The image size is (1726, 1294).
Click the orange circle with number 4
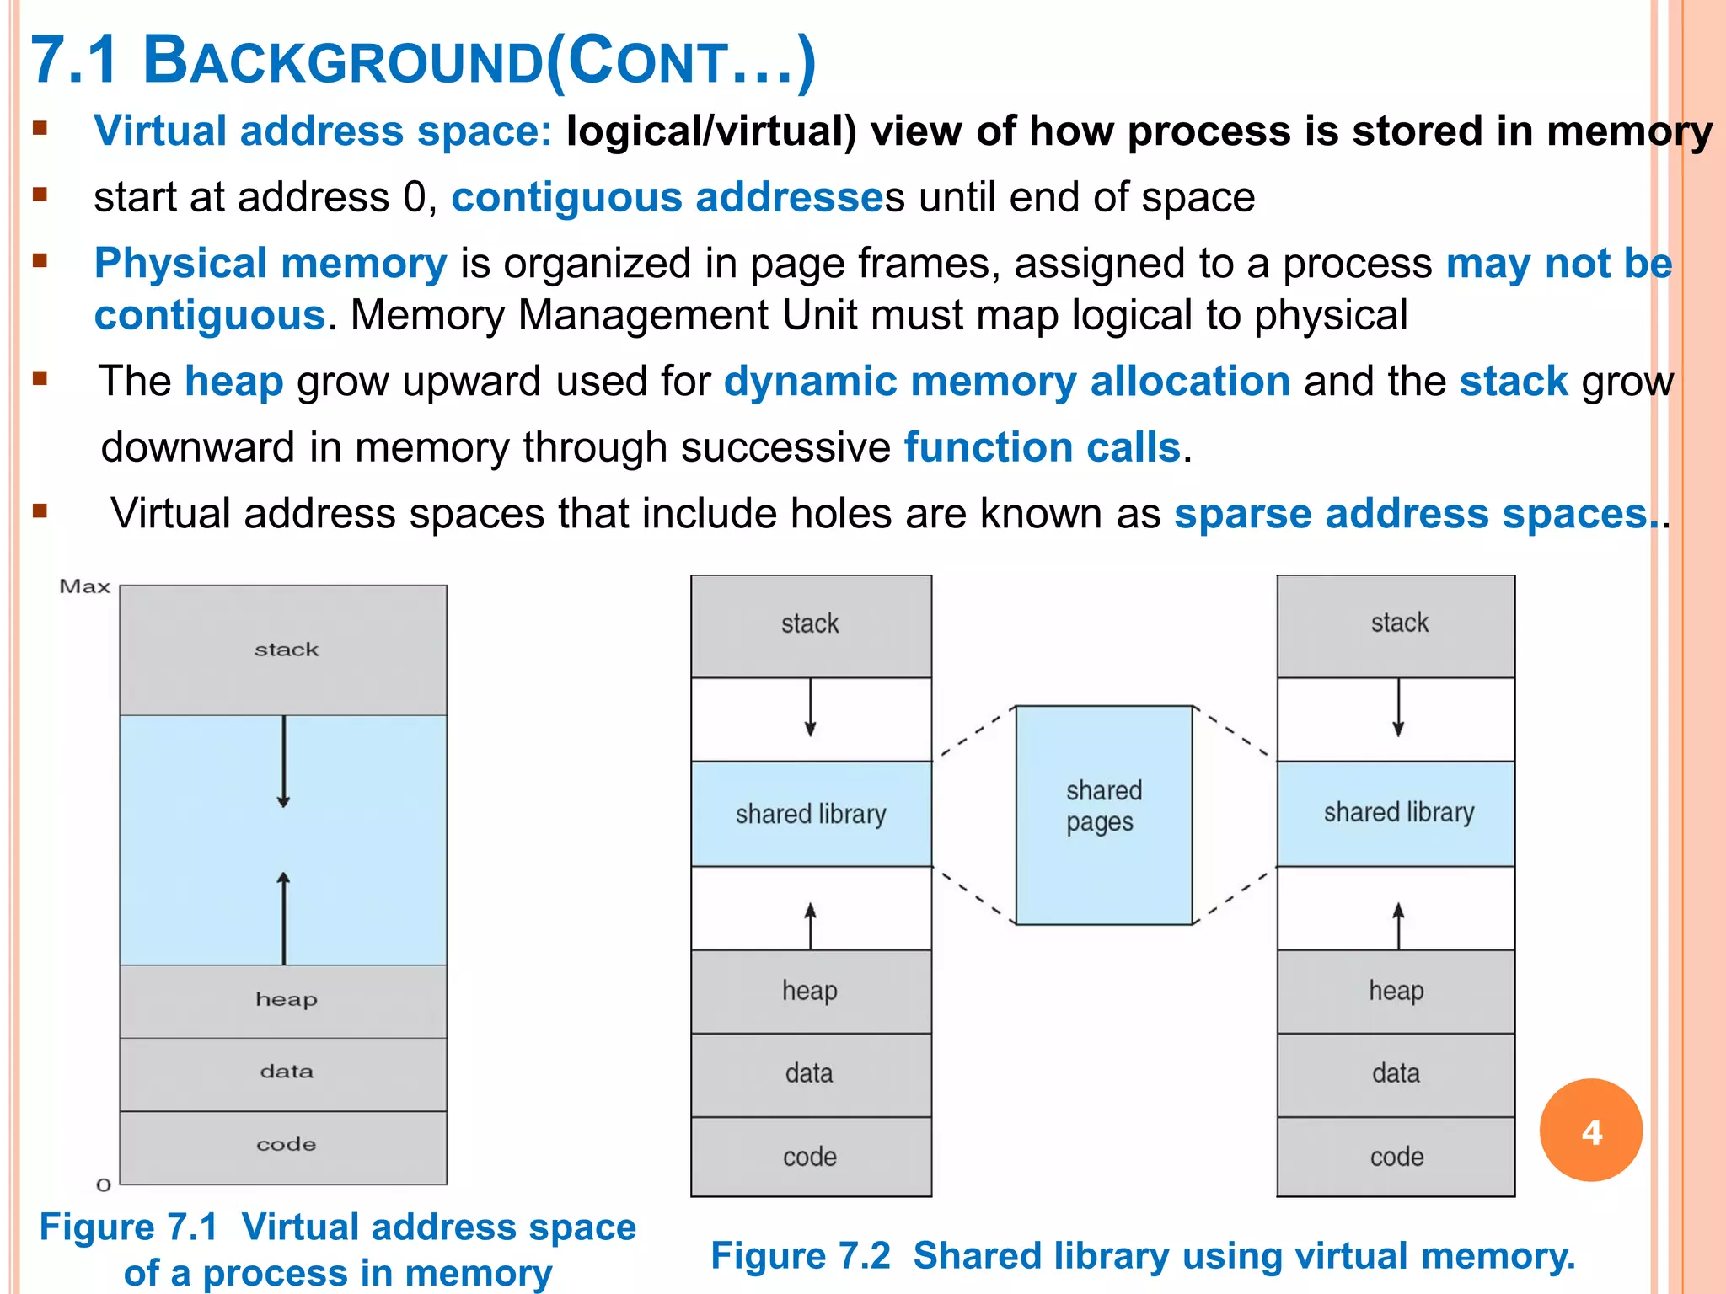pos(1590,1130)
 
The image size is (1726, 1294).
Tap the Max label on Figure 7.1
pos(85,586)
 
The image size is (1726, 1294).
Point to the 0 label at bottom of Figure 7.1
pos(104,1184)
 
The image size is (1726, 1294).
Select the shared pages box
pos(1103,815)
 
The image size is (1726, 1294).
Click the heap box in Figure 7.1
pos(284,1000)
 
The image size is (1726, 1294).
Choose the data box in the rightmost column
pos(1396,1074)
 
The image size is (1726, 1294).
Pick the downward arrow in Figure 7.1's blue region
pos(284,762)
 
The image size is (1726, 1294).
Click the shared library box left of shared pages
pos(811,814)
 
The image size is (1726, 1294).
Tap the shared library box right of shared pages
pos(1396,813)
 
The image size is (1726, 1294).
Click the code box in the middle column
pos(811,1157)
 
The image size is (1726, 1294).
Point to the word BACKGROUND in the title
pos(343,61)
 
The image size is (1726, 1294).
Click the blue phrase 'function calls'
pos(1042,447)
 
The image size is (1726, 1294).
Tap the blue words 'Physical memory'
pos(271,264)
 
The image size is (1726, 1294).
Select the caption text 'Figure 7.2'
pos(801,1255)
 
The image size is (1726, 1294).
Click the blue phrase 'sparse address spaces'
pos(1411,514)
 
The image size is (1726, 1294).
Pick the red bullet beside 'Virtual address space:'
pos(40,129)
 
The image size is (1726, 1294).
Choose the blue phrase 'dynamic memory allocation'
pos(1006,382)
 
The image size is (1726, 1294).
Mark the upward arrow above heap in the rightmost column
pos(1398,925)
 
